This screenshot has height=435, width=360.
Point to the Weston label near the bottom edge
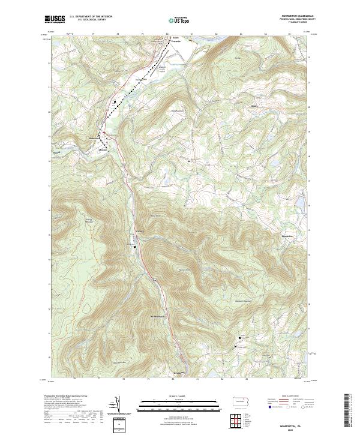click(x=177, y=373)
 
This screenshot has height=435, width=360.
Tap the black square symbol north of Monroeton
click(x=115, y=102)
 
